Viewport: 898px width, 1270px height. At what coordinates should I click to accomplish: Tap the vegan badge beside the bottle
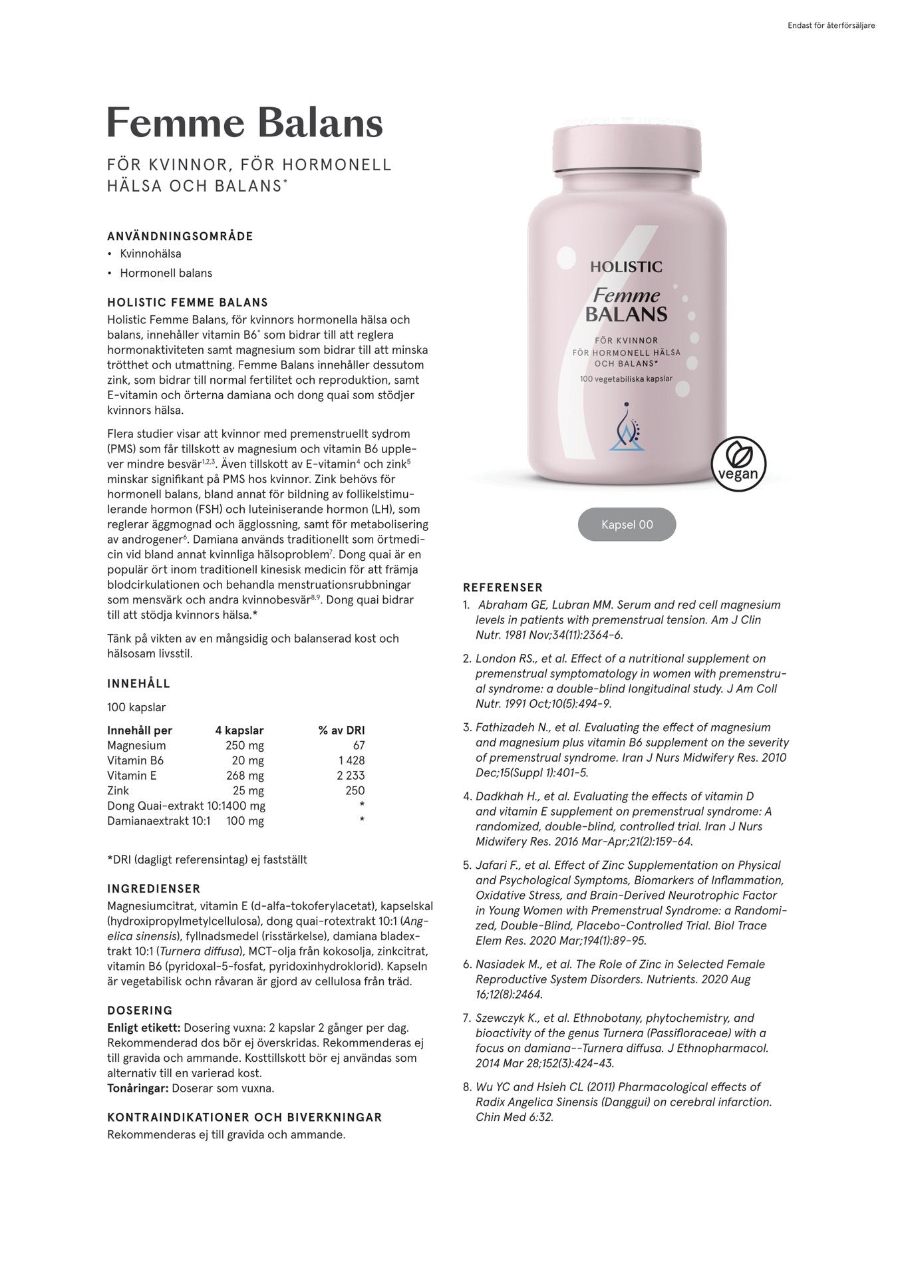(738, 464)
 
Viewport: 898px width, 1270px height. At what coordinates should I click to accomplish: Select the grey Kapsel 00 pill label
(627, 525)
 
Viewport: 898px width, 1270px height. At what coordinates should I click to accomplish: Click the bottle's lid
(627, 148)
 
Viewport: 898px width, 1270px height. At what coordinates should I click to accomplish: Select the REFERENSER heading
(503, 587)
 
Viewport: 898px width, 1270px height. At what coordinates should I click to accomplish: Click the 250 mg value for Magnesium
(244, 746)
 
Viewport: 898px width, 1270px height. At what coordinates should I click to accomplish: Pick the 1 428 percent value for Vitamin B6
(351, 761)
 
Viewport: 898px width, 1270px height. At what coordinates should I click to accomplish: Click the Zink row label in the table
(118, 791)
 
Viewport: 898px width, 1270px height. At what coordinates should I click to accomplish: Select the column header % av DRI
(341, 730)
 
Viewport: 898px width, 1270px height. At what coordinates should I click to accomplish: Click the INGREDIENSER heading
(154, 889)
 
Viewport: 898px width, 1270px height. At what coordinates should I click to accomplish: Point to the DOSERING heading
(140, 1011)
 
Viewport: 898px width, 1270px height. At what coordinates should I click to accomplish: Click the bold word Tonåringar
(138, 1088)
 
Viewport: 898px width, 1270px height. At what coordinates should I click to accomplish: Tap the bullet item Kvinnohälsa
(150, 253)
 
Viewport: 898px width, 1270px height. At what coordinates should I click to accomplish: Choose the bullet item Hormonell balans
(166, 273)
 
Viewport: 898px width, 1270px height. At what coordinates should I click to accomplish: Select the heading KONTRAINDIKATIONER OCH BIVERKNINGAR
(244, 1117)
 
